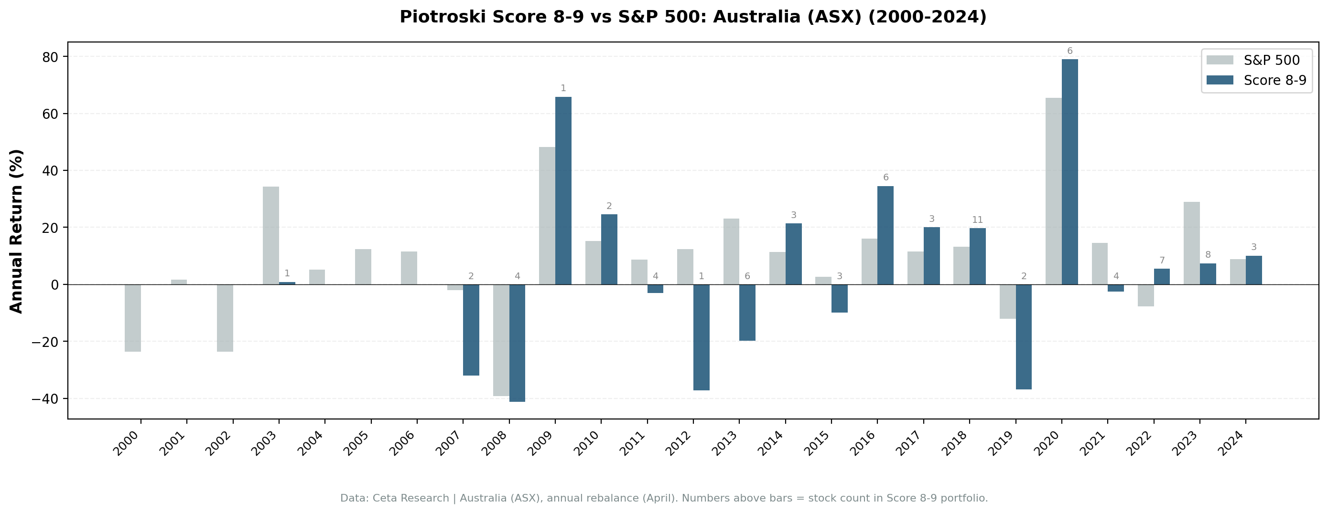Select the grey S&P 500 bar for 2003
click(x=270, y=235)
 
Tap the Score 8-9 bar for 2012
click(x=701, y=337)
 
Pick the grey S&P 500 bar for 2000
click(x=132, y=318)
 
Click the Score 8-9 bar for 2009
click(x=563, y=190)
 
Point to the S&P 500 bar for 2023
click(x=1191, y=243)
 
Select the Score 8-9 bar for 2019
click(x=1023, y=336)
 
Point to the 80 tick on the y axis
click(x=51, y=56)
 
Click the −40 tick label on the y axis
click(x=45, y=398)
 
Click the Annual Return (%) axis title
click(x=17, y=231)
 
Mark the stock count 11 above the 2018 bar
click(x=977, y=220)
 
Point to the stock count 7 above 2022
click(x=1162, y=261)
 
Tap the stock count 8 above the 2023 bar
click(x=1208, y=255)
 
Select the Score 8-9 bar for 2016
click(x=885, y=235)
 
